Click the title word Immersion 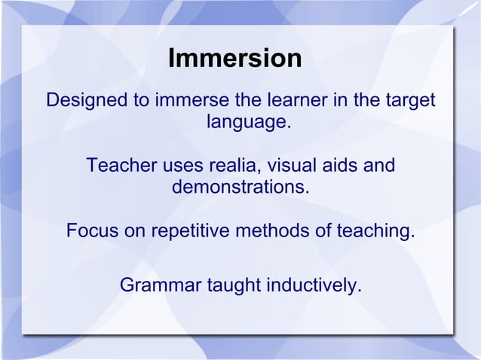pos(234,59)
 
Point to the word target pos(406,100)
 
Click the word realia pos(234,165)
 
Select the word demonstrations pos(240,186)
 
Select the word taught pos(232,286)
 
